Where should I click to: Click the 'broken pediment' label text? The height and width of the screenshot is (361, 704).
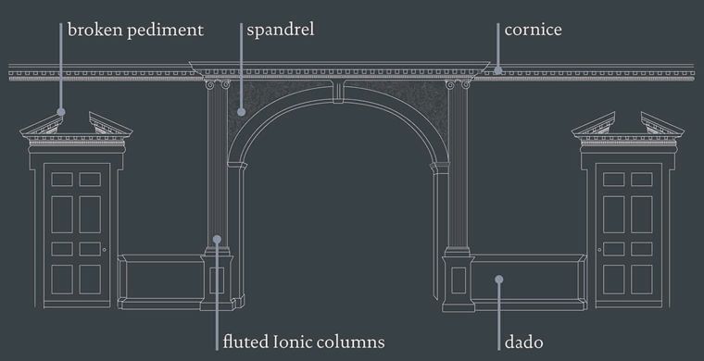coord(135,30)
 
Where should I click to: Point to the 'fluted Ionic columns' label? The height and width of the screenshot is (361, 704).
coord(303,342)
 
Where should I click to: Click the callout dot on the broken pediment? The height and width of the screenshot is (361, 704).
coord(61,112)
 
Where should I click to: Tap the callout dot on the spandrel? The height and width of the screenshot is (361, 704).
coord(241,112)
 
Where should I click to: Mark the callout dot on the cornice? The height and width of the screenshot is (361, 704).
coord(498,69)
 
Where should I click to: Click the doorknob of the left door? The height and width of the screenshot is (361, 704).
coord(105,251)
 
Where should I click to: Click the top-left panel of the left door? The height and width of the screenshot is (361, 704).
coord(63,179)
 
